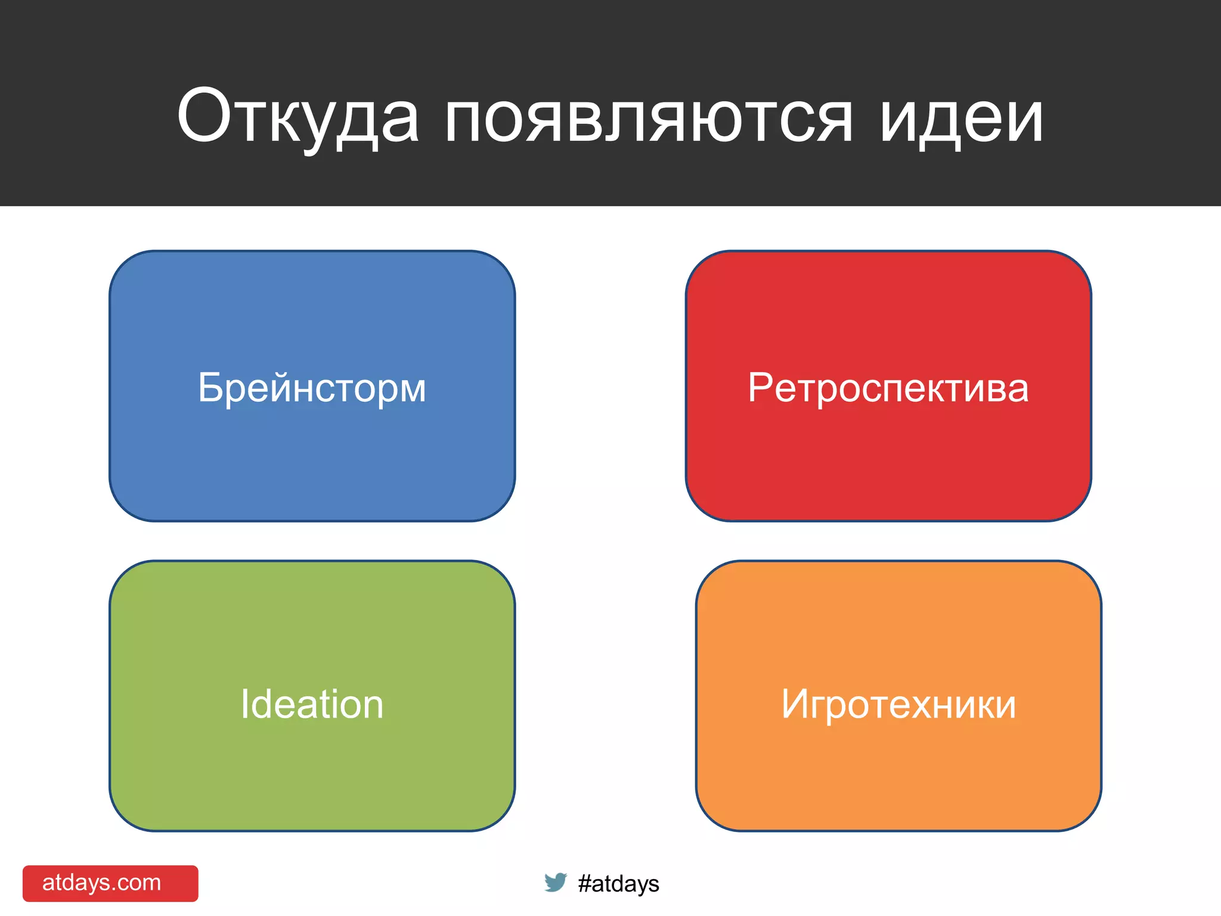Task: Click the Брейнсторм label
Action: (312, 388)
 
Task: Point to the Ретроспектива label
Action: (888, 388)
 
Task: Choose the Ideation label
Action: (312, 704)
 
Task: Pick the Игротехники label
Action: (898, 704)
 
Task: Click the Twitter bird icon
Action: (555, 882)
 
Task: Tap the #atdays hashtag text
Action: (618, 883)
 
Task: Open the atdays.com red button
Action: (110, 883)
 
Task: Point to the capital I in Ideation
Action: (244, 704)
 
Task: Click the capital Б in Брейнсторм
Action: (210, 388)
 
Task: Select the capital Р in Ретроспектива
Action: (760, 388)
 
